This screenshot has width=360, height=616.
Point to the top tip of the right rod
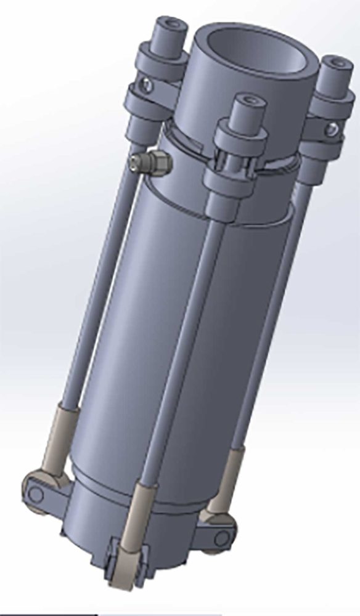[x=336, y=63]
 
